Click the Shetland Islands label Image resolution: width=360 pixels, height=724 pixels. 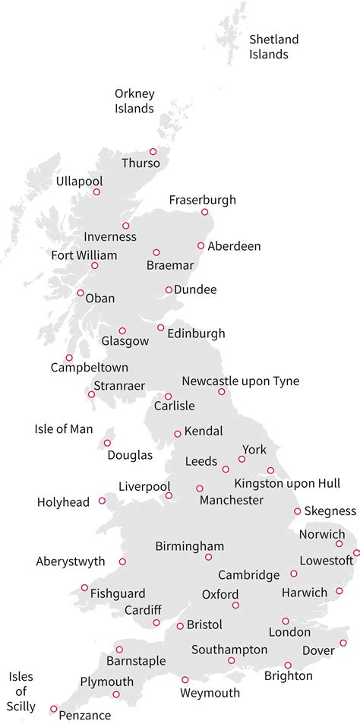pyautogui.click(x=274, y=46)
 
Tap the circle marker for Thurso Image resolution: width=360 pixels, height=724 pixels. pyautogui.click(x=153, y=151)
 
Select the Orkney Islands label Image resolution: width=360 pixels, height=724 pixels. pyautogui.click(x=134, y=101)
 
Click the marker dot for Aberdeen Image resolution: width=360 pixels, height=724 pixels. pyautogui.click(x=201, y=245)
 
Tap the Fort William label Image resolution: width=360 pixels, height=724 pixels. pyautogui.click(x=84, y=255)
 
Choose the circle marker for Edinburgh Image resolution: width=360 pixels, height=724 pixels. pyautogui.click(x=160, y=327)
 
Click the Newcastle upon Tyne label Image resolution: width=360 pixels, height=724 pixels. pyautogui.click(x=240, y=381)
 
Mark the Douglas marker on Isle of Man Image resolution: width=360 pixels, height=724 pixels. pyautogui.click(x=107, y=443)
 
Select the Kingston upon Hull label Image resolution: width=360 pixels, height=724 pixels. pyautogui.click(x=287, y=483)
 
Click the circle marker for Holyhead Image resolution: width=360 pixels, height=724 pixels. pyautogui.click(x=102, y=501)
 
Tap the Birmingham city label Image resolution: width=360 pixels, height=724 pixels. pyautogui.click(x=190, y=546)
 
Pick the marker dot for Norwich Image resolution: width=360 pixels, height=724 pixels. pyautogui.click(x=339, y=543)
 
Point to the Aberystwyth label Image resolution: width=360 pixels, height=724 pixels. pyautogui.click(x=71, y=562)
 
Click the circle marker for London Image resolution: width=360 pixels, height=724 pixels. pyautogui.click(x=286, y=621)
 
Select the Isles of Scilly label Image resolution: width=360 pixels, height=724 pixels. pyautogui.click(x=21, y=691)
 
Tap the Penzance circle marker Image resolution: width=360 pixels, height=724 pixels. pyautogui.click(x=53, y=709)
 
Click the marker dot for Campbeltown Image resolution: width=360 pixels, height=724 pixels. pyautogui.click(x=69, y=357)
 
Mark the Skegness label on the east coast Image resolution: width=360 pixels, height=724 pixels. pyautogui.click(x=330, y=511)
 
